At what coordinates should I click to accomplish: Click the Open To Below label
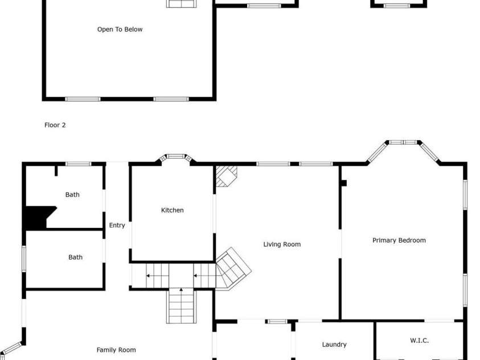(x=120, y=30)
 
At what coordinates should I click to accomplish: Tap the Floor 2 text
(x=55, y=125)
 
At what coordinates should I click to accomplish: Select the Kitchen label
(x=172, y=210)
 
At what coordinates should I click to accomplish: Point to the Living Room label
(x=281, y=244)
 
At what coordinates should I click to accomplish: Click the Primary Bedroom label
(x=399, y=240)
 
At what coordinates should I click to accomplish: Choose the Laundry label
(x=334, y=344)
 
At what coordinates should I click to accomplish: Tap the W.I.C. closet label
(x=419, y=341)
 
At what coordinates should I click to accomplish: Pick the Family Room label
(x=116, y=350)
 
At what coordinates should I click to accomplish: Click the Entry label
(x=117, y=226)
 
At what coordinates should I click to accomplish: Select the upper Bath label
(x=72, y=195)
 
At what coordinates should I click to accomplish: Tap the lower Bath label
(x=75, y=257)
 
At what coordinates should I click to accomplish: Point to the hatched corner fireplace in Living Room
(x=226, y=176)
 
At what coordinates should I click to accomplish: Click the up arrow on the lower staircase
(x=182, y=291)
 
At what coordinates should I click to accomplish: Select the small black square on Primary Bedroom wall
(x=343, y=183)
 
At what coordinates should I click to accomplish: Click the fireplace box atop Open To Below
(x=181, y=4)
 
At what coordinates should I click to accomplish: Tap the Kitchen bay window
(x=175, y=156)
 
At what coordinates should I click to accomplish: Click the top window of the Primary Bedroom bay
(x=404, y=142)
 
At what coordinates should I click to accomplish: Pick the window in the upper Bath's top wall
(x=79, y=164)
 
